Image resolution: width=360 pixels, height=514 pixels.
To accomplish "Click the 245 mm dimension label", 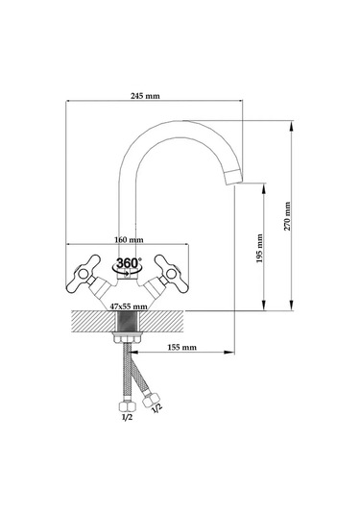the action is pos(145,96).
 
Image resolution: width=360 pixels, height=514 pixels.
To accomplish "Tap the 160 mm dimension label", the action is pos(129,239).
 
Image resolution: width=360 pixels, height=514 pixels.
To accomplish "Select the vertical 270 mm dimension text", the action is pos(287,216).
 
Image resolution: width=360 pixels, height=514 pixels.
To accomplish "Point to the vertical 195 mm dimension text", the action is pos(260,249).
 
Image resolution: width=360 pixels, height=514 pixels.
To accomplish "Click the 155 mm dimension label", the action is pos(182,347).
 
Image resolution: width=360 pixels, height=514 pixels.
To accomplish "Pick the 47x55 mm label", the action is pos(129,306).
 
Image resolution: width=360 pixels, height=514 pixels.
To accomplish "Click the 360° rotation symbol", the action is pos(128,265).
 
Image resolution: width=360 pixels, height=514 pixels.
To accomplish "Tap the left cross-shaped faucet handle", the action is pos(84,274).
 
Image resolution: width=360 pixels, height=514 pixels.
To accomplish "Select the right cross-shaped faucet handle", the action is pos(172,274).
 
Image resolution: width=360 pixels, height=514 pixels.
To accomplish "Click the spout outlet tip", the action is pos(234,177).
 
